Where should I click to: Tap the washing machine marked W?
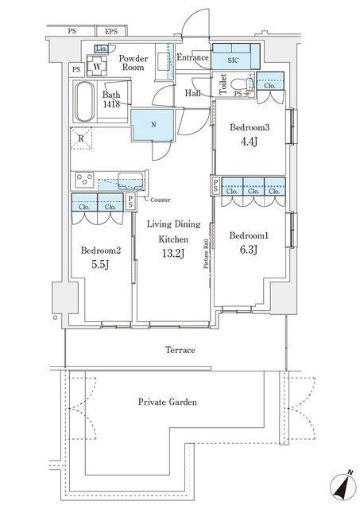click(x=97, y=65)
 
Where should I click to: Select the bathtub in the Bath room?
click(x=84, y=101)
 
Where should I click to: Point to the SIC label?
click(x=233, y=60)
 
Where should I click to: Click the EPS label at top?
click(x=111, y=32)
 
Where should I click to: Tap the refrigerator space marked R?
click(x=81, y=138)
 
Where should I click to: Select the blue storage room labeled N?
click(x=153, y=125)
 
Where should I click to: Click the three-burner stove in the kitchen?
click(x=84, y=180)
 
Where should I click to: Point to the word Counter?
click(x=161, y=200)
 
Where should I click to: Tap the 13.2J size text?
click(x=173, y=253)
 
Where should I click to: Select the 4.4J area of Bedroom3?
click(x=249, y=142)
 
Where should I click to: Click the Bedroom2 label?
click(x=101, y=251)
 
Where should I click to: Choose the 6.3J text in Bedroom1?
click(x=249, y=249)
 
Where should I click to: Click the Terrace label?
click(x=180, y=350)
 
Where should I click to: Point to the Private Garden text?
click(x=168, y=402)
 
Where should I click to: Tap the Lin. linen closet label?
click(x=101, y=49)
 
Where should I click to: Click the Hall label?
click(x=192, y=93)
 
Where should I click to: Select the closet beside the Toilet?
click(x=270, y=81)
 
